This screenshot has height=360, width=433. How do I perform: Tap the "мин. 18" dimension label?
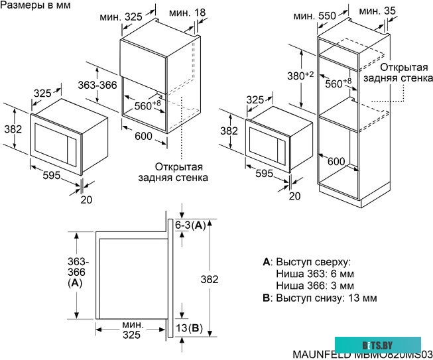click(188, 13)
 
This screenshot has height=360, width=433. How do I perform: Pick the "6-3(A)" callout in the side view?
click(190, 226)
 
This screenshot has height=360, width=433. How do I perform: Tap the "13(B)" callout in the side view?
click(190, 329)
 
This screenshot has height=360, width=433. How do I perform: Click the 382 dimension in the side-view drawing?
click(210, 280)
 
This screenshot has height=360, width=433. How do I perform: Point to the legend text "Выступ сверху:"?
click(312, 261)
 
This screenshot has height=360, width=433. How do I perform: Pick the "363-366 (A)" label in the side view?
click(78, 271)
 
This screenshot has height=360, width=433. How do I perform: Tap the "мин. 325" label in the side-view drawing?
click(131, 330)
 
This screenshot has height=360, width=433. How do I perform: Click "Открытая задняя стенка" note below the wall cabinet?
click(173, 172)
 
